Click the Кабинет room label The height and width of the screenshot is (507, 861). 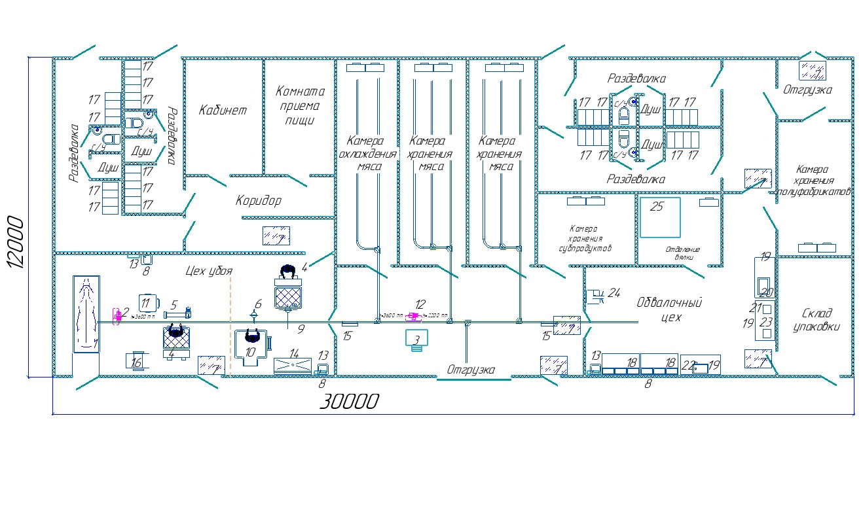tap(223, 110)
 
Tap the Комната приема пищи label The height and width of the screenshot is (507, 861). tap(300, 105)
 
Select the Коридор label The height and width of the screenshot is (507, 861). tap(258, 201)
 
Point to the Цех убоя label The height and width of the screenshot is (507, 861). tap(209, 271)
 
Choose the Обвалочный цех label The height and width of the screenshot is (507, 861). tap(669, 310)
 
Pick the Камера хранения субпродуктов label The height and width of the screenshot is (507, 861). tap(584, 239)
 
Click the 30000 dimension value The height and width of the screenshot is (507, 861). tap(348, 401)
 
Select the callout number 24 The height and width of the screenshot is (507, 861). tap(614, 292)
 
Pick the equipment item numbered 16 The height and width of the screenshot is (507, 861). tap(137, 360)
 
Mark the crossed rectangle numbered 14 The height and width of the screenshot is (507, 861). tap(293, 364)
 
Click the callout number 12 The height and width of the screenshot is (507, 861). tap(420, 304)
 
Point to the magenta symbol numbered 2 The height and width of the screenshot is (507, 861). tap(118, 316)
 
